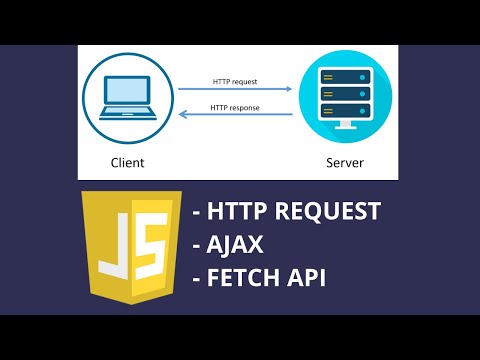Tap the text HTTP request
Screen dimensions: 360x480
pyautogui.click(x=235, y=82)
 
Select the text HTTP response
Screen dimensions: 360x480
pyautogui.click(x=235, y=106)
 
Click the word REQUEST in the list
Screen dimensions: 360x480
pyautogui.click(x=330, y=212)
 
